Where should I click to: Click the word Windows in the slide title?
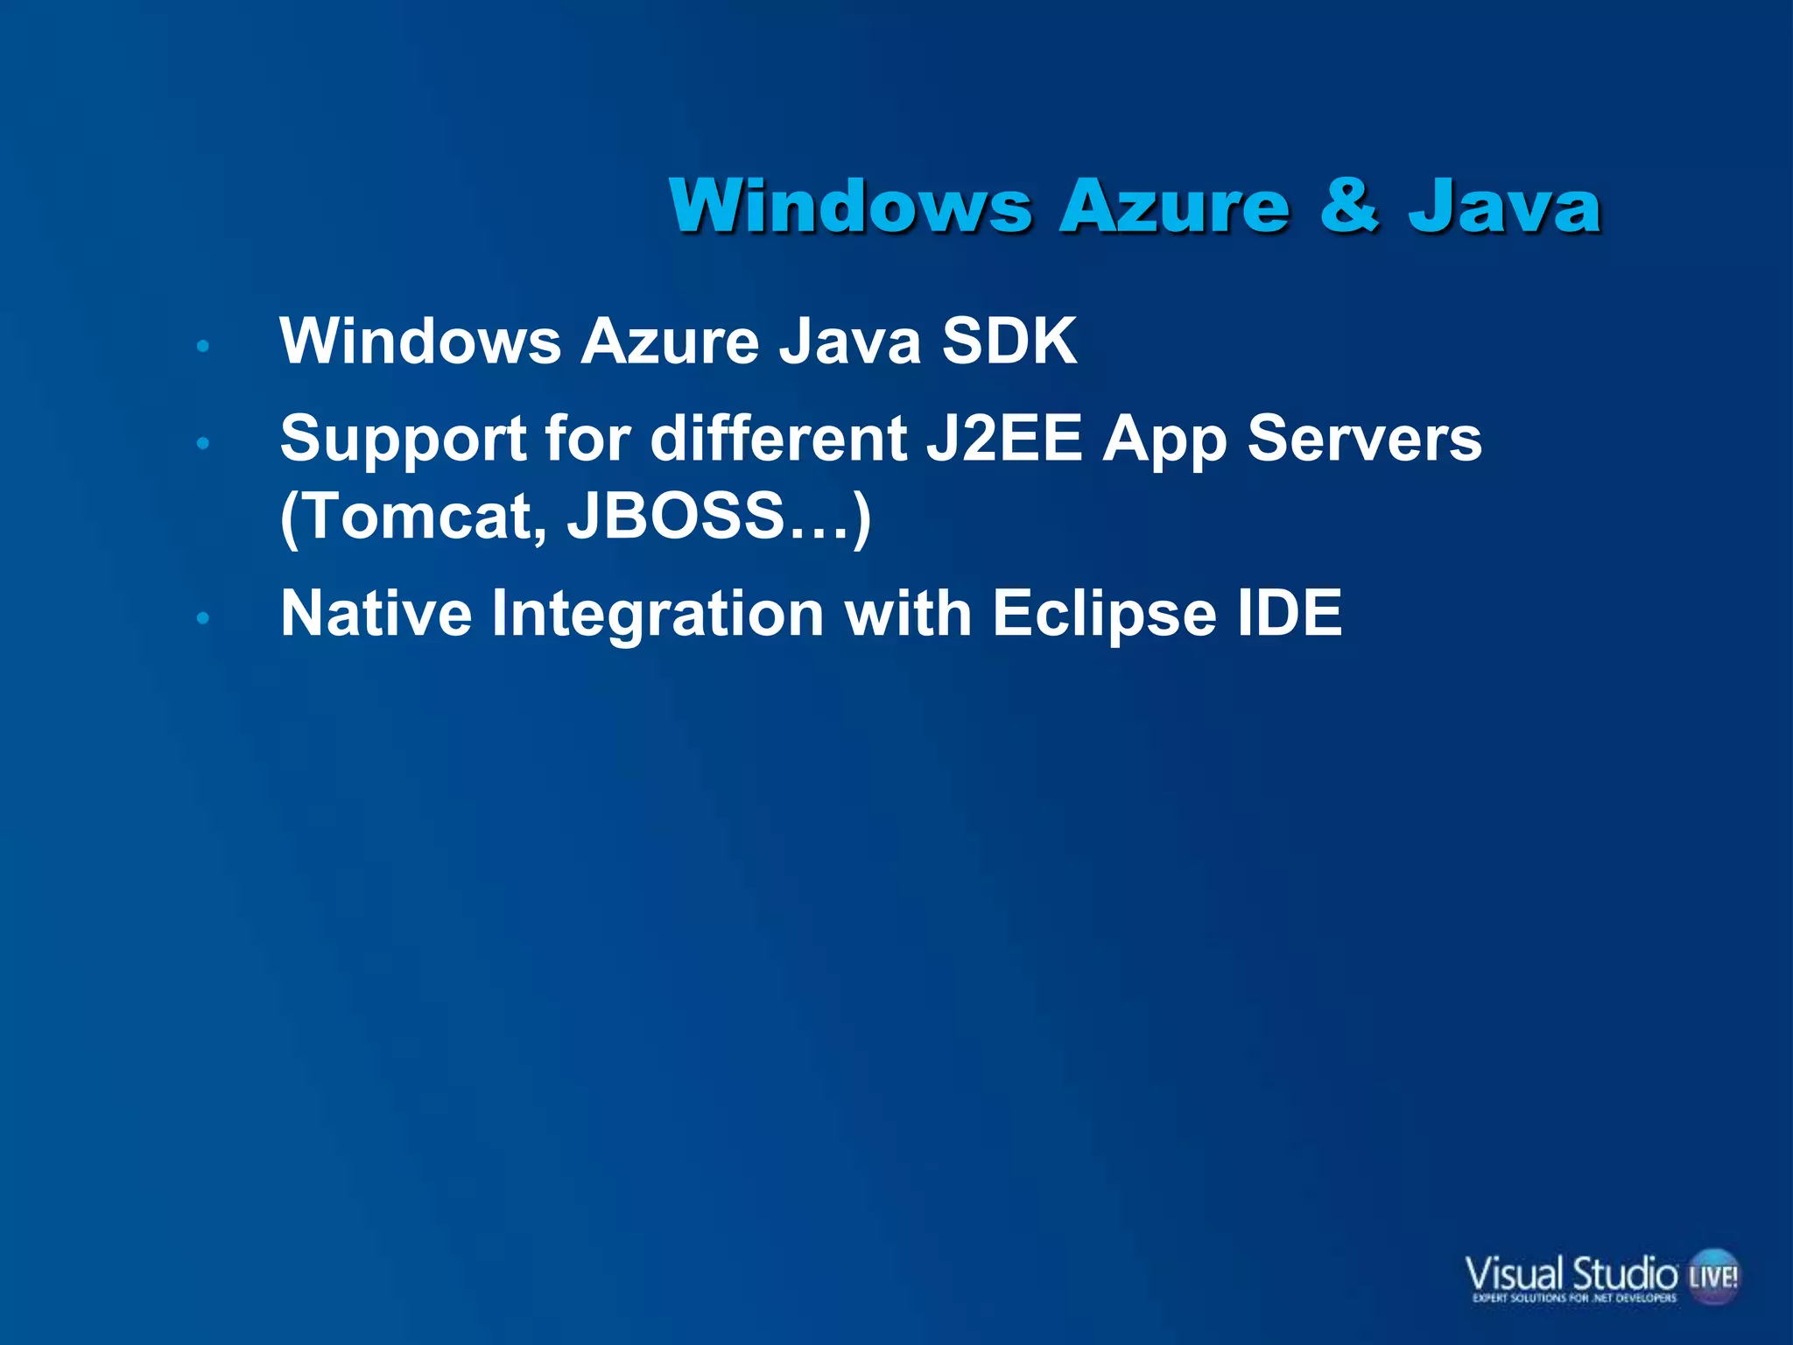coord(850,207)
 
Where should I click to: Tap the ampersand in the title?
coord(1349,207)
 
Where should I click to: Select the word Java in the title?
coord(1505,207)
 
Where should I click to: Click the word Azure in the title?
coord(1174,207)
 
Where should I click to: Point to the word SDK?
coord(1009,341)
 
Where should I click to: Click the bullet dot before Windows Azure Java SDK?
coord(203,347)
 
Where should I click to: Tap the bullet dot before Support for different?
coord(203,444)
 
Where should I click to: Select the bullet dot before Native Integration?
coord(203,619)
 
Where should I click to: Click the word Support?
coord(403,439)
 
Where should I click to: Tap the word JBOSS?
coord(675,517)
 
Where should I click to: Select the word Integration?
coord(657,615)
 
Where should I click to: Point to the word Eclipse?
coord(1104,615)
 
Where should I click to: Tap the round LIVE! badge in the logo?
coord(1713,1276)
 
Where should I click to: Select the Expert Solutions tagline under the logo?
coord(1574,1298)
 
